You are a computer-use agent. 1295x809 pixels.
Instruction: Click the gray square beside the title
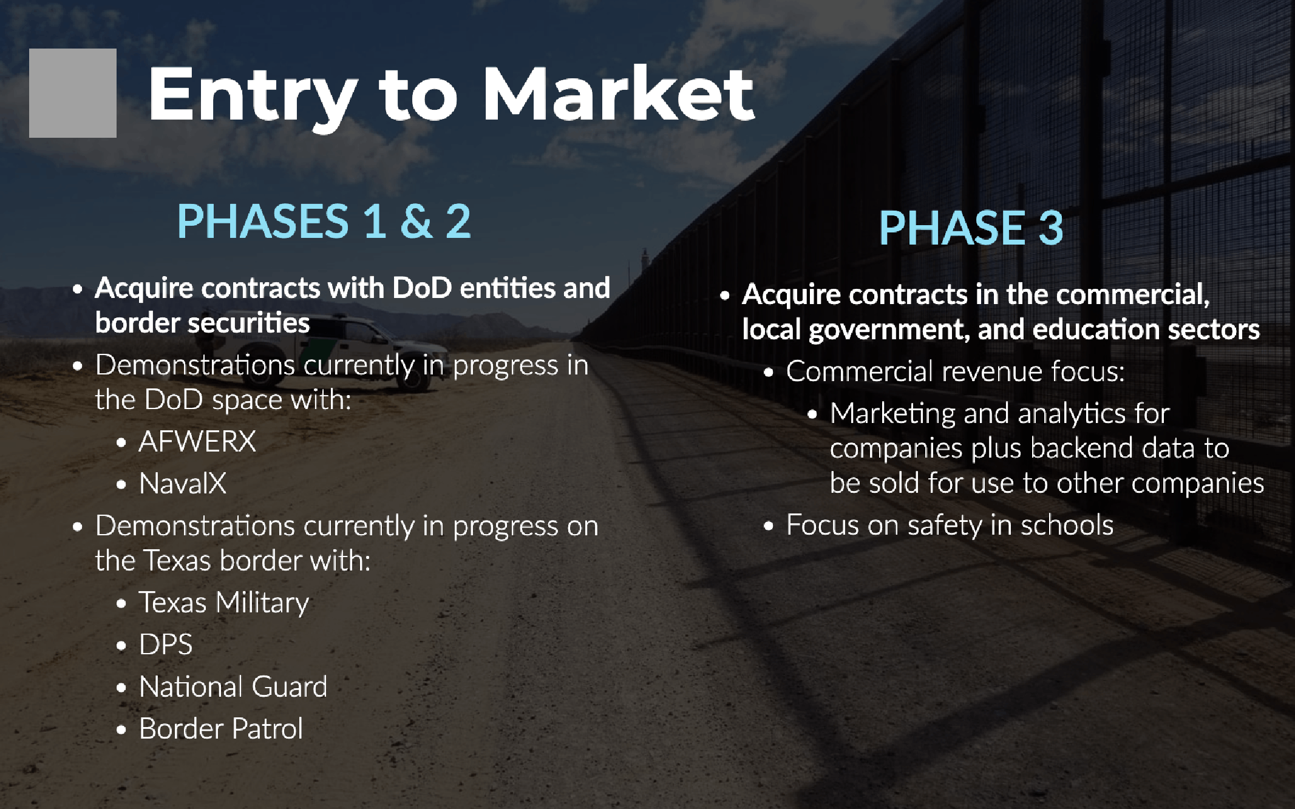[73, 93]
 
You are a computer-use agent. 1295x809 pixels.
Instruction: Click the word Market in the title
[618, 94]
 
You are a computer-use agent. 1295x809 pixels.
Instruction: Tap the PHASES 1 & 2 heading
[324, 221]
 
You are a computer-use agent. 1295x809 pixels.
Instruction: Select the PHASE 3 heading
[971, 228]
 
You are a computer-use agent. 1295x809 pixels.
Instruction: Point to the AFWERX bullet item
[197, 441]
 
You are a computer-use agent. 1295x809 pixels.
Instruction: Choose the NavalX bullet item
[183, 484]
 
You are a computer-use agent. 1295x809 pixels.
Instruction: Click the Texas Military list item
[224, 603]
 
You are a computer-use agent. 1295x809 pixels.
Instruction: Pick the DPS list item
[166, 645]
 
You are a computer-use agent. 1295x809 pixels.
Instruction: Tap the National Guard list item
[233, 687]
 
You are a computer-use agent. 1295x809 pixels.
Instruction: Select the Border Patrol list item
[221, 729]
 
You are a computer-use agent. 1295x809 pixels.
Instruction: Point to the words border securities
[202, 323]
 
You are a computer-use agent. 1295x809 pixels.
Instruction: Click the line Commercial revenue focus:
[956, 371]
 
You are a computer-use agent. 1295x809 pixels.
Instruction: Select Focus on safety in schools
[950, 526]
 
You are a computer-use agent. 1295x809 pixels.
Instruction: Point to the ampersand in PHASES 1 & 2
[416, 222]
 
